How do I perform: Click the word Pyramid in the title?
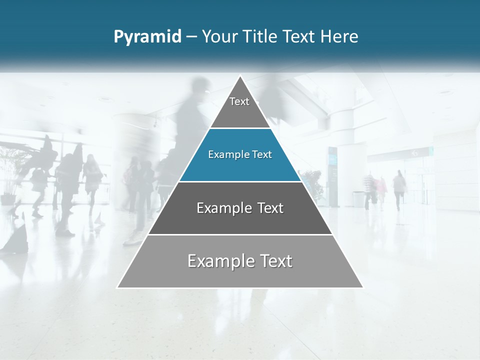coord(147,37)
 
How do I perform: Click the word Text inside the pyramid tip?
coord(239,102)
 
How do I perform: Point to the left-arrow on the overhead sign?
coord(414,153)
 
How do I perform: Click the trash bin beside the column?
coord(358,199)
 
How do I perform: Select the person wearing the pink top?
coord(381,188)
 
